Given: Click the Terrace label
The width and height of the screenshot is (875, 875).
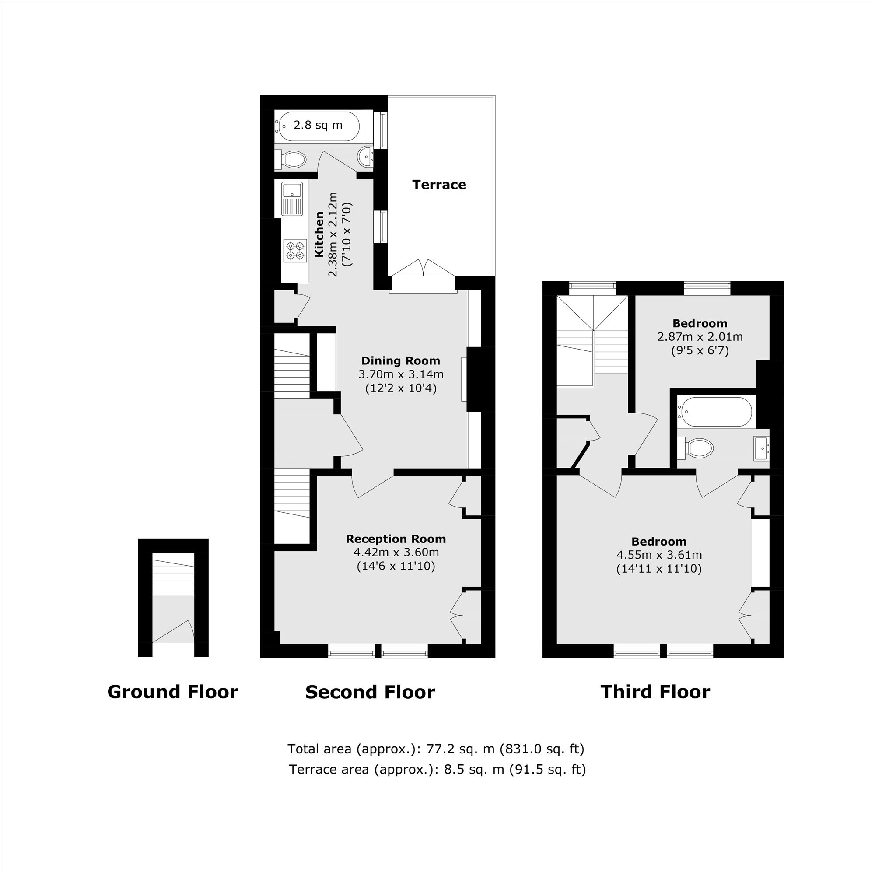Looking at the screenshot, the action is (439, 185).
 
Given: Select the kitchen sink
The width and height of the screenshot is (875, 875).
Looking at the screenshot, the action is (292, 199).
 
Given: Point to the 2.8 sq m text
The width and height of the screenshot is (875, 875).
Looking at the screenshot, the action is (318, 125).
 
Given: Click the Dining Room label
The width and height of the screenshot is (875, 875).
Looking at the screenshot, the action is (400, 361).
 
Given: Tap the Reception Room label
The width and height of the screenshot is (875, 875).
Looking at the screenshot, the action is (396, 539).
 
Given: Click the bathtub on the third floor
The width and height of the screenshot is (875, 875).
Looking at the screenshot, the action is (715, 412).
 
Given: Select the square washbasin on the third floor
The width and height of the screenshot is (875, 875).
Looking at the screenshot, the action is (761, 448).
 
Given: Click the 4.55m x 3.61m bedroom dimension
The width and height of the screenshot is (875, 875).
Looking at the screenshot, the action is (659, 555).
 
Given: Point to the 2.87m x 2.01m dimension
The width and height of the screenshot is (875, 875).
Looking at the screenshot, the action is (700, 337).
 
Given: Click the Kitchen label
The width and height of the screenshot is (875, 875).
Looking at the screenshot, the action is (319, 234).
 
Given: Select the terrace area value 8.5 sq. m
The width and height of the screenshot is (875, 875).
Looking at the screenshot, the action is (474, 770).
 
